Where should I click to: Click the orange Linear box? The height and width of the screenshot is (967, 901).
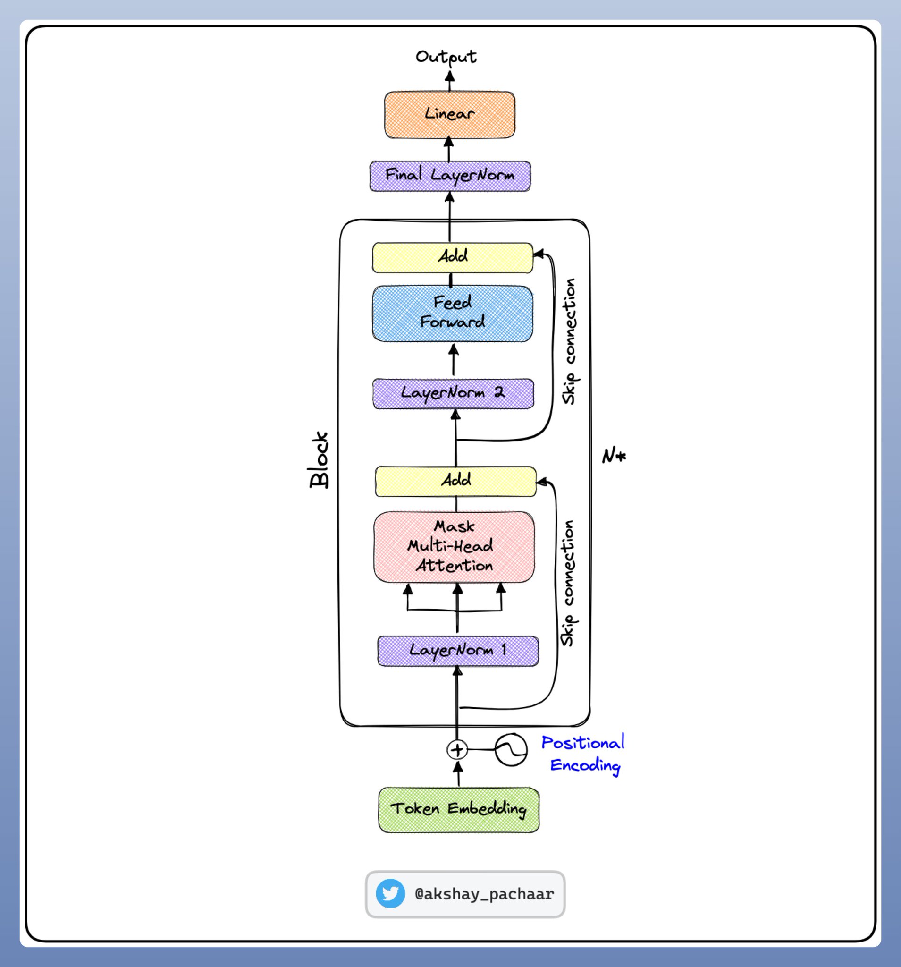(x=449, y=115)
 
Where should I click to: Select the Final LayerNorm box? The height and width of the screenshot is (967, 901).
(x=450, y=176)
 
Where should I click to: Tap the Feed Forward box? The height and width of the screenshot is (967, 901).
(x=452, y=313)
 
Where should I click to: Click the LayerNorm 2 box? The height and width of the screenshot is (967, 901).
(x=453, y=393)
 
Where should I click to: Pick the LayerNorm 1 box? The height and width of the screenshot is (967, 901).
(x=458, y=651)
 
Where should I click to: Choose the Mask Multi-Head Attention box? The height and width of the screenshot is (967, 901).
(x=454, y=547)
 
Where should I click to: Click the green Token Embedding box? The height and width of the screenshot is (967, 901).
(x=458, y=810)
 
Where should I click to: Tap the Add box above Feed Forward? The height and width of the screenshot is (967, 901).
(x=452, y=257)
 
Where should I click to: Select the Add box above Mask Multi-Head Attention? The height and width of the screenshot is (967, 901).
(x=455, y=481)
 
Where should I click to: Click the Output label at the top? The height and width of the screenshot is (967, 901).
(x=446, y=58)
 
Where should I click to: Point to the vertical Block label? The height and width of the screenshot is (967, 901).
(x=319, y=460)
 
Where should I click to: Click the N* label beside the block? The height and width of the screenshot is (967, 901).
(x=614, y=456)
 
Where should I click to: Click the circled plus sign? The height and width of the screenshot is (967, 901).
(x=457, y=750)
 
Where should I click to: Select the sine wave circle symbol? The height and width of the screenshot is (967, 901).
(x=511, y=750)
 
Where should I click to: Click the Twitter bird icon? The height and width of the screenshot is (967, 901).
(x=390, y=893)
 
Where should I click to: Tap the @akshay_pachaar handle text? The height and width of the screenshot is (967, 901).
(x=484, y=894)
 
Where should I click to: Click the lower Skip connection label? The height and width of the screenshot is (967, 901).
(x=567, y=583)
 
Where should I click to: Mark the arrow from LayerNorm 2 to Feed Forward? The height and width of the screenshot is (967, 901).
(x=454, y=360)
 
